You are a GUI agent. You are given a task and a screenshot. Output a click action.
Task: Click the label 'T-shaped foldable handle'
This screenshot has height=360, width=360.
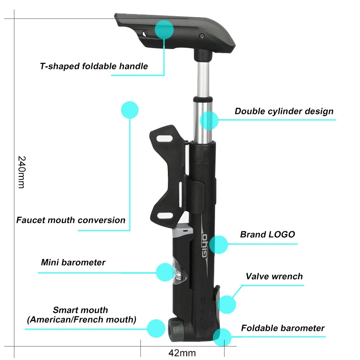point(94,66)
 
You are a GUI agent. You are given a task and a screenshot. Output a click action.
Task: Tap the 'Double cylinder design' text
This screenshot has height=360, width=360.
point(284,111)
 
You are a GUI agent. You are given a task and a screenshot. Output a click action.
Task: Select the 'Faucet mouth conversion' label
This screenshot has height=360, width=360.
point(71,220)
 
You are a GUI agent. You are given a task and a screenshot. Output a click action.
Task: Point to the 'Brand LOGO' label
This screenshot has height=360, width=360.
point(267,234)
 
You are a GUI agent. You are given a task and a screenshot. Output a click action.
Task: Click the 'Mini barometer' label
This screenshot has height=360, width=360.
point(73,262)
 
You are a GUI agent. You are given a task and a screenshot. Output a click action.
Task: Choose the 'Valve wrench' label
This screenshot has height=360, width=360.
point(274,276)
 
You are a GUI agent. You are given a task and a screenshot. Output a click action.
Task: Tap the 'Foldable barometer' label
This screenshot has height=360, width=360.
point(283,328)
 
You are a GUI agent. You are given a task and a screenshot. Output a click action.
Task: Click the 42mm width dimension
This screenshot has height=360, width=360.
point(182,351)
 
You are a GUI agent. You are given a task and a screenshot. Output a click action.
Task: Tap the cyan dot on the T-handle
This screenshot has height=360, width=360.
point(164,29)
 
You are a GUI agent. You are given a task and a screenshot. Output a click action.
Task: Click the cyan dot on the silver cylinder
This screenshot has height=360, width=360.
point(209,121)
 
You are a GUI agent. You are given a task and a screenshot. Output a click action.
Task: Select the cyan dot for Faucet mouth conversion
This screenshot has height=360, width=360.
point(130,110)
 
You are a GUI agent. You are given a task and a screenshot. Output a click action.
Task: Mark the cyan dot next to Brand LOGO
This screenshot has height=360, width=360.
point(219,244)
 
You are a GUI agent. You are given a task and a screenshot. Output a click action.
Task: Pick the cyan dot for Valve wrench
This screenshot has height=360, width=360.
point(226,305)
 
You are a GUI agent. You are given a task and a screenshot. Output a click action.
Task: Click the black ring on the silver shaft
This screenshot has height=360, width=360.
point(202,99)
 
